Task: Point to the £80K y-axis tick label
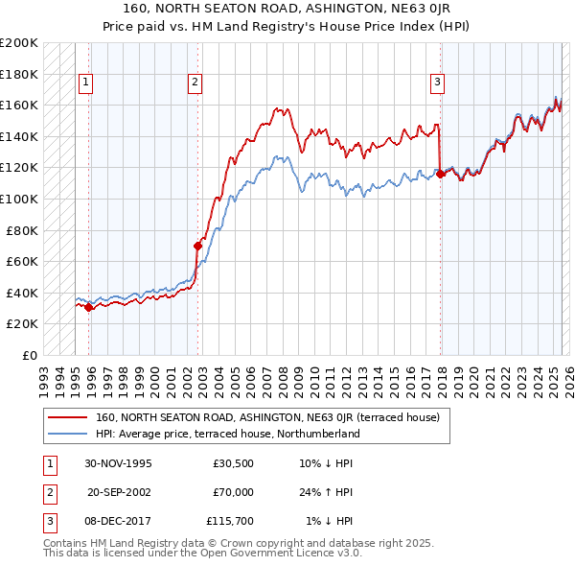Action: tap(22, 230)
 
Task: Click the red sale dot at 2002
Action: tap(198, 246)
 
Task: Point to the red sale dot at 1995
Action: tap(89, 308)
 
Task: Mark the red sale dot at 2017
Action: tap(440, 174)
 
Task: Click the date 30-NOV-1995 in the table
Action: tap(119, 463)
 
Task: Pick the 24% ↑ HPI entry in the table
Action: tap(326, 492)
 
